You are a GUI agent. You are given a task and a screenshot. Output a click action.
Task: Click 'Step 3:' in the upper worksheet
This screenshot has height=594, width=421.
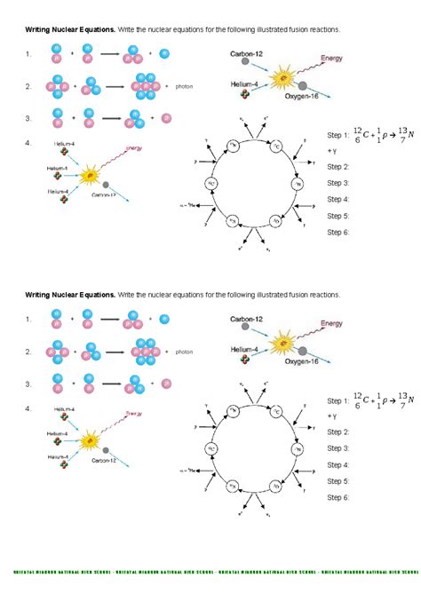[x=338, y=183]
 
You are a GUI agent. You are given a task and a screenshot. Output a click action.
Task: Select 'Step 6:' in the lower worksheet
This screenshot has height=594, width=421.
[x=338, y=497]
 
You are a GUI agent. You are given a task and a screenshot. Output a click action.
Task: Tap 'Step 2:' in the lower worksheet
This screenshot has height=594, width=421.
[x=338, y=432]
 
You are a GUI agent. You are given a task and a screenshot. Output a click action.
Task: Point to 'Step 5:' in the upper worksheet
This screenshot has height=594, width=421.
[x=338, y=216]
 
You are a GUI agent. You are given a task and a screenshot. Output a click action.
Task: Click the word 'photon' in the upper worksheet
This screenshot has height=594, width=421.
[x=184, y=87]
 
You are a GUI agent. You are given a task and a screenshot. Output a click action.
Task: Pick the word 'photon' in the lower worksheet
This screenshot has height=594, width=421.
[x=184, y=352]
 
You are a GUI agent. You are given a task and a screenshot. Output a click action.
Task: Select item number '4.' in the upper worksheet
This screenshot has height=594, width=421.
[x=29, y=142]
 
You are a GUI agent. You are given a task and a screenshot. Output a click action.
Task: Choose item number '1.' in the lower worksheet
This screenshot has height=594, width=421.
[x=29, y=319]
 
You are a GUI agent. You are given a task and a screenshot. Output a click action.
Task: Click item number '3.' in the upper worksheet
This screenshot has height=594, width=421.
[x=29, y=118]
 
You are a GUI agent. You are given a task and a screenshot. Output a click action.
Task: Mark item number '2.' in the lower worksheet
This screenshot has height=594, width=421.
[x=29, y=352]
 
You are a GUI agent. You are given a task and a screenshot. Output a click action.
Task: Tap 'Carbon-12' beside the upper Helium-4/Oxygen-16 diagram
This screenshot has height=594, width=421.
[x=245, y=53]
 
